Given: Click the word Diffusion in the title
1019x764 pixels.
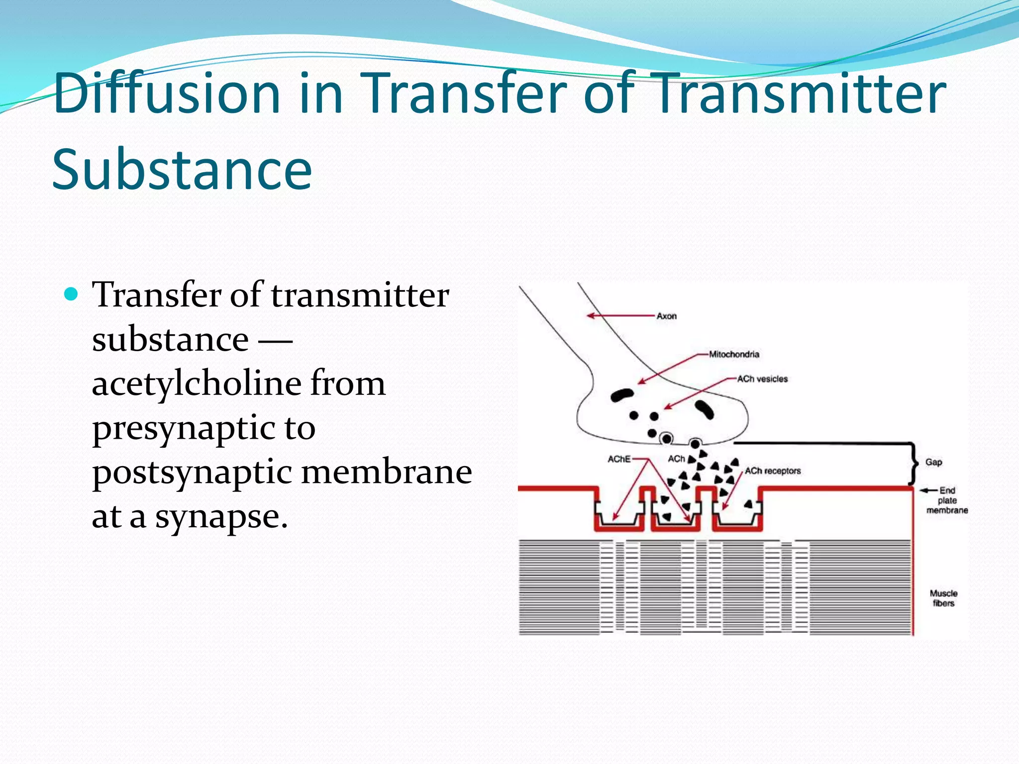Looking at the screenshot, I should pos(167,94).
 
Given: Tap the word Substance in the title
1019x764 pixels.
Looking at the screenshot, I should pos(182,169).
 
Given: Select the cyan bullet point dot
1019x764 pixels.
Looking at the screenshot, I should pos(72,294).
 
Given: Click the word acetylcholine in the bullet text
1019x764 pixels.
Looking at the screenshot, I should pos(197,384).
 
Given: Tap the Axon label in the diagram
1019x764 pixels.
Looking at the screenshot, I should pos(666,316).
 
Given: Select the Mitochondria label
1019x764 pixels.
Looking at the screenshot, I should pos(734,354).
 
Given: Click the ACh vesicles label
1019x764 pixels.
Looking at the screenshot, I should pos(762,379).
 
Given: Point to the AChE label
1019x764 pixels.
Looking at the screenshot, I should pos(619,459).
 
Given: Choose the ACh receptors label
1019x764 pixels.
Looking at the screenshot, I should pos(773,471).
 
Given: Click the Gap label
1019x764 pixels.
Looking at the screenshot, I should pos(933,462).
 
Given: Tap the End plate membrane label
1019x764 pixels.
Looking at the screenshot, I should pos(947,500).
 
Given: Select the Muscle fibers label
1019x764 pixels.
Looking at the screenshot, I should pos(943,598).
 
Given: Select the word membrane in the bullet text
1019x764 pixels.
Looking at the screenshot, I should pos(387,473).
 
